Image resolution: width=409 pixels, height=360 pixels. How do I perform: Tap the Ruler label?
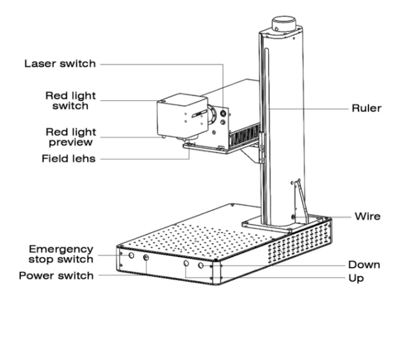point(367,108)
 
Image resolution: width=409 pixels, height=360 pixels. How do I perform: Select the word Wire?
point(367,217)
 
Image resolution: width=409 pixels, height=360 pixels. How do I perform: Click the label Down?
point(364,265)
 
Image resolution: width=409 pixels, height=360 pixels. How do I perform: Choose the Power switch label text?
point(56,276)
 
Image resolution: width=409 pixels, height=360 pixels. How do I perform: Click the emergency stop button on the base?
point(131,255)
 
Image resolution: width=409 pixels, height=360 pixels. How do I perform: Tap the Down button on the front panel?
point(201,265)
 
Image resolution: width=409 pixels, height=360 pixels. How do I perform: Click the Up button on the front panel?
point(186,264)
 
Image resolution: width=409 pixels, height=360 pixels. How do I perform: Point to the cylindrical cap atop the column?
point(284,23)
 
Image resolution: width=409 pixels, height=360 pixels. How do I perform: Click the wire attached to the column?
point(301,200)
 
